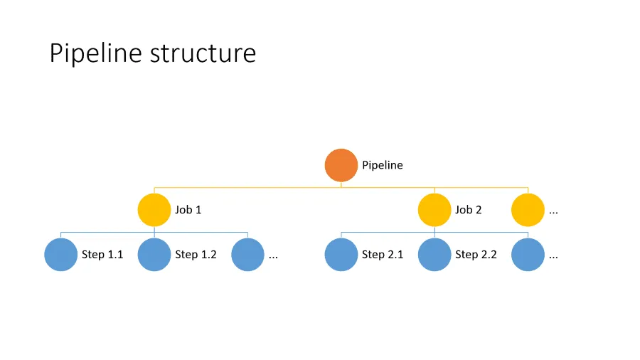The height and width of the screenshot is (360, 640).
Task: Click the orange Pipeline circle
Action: point(341,165)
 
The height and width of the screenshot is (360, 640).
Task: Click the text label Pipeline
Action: point(382,165)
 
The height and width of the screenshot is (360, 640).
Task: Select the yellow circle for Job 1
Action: point(154,210)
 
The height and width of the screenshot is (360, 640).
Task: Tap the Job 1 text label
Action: point(188,210)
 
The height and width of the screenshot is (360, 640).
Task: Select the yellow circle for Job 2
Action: point(434,210)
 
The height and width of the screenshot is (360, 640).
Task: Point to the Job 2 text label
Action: point(469,210)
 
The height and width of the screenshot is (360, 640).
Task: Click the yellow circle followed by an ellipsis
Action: point(528,210)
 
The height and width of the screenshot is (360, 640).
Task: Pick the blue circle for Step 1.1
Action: point(61,255)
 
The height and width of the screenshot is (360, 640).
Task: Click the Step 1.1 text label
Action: point(102,255)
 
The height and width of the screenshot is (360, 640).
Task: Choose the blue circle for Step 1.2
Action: point(154,255)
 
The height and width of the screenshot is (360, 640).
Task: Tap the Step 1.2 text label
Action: point(196,255)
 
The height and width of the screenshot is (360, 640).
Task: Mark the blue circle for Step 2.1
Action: point(341,255)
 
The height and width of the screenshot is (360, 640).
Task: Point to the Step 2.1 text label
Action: point(383,255)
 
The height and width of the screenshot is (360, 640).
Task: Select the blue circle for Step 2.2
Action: point(434,255)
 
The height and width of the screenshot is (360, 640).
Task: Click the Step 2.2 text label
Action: point(476,255)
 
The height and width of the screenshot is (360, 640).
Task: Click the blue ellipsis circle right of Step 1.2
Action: point(248,255)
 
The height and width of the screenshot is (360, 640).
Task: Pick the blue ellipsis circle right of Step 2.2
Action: point(528,255)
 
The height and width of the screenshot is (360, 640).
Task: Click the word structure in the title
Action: point(203,53)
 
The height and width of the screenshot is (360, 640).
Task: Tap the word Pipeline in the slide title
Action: point(96,54)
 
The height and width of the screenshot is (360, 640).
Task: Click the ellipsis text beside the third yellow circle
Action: point(553,212)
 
